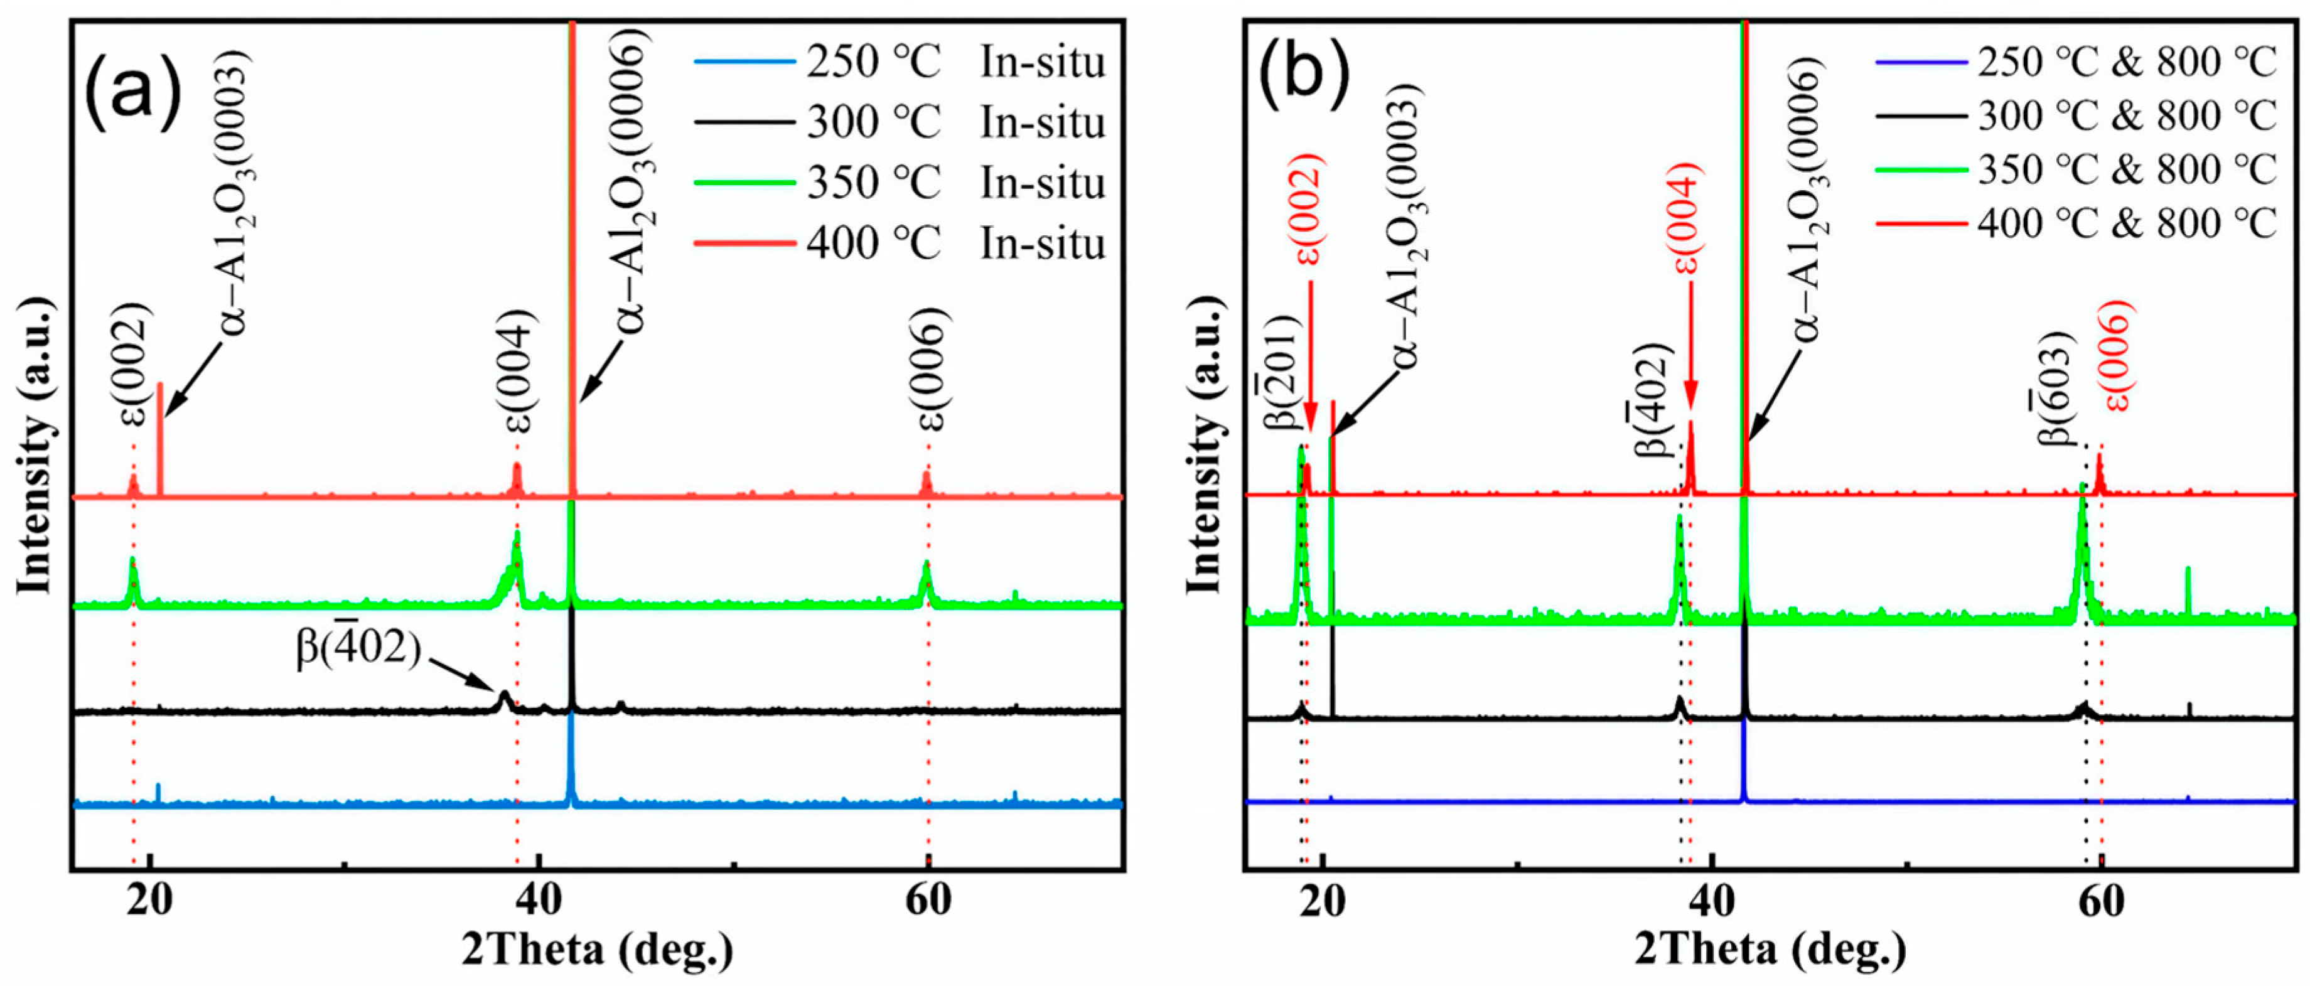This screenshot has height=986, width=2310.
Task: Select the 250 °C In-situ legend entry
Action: tap(900, 62)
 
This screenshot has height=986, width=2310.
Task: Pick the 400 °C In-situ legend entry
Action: tap(900, 243)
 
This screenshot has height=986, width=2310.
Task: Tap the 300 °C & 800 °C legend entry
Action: tap(2075, 115)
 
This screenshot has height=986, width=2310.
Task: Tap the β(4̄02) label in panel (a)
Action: tap(358, 650)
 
